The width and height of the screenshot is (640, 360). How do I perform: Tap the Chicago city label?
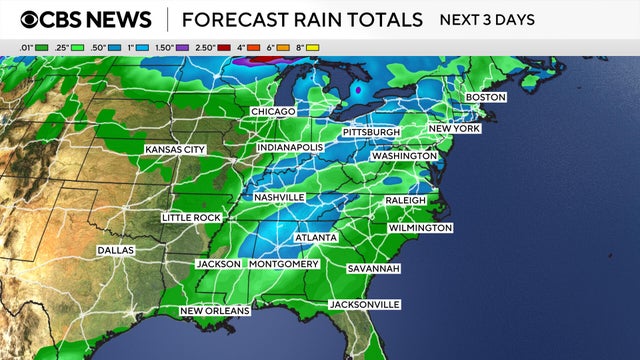tap(273, 111)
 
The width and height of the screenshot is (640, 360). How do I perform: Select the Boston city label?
tap(486, 97)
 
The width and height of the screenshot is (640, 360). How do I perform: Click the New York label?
tap(456, 129)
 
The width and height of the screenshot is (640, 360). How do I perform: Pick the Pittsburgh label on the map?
tap(371, 132)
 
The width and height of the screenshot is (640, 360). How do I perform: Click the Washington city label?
tap(404, 156)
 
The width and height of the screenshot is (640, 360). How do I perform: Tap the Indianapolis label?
tap(290, 147)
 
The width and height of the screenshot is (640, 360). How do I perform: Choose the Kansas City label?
tap(175, 149)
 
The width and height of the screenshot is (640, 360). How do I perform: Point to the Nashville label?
tap(278, 197)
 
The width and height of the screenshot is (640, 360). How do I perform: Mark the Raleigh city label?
tap(406, 200)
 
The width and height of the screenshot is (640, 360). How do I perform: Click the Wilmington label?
tap(419, 228)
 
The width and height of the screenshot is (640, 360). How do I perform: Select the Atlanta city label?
tap(315, 237)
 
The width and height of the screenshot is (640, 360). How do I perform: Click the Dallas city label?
tap(117, 249)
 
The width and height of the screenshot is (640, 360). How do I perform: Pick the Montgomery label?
tap(283, 264)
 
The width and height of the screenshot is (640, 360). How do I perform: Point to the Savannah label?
tap(373, 269)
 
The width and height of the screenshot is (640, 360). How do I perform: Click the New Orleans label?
tap(214, 311)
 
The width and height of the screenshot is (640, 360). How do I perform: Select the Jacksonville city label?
tap(365, 304)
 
